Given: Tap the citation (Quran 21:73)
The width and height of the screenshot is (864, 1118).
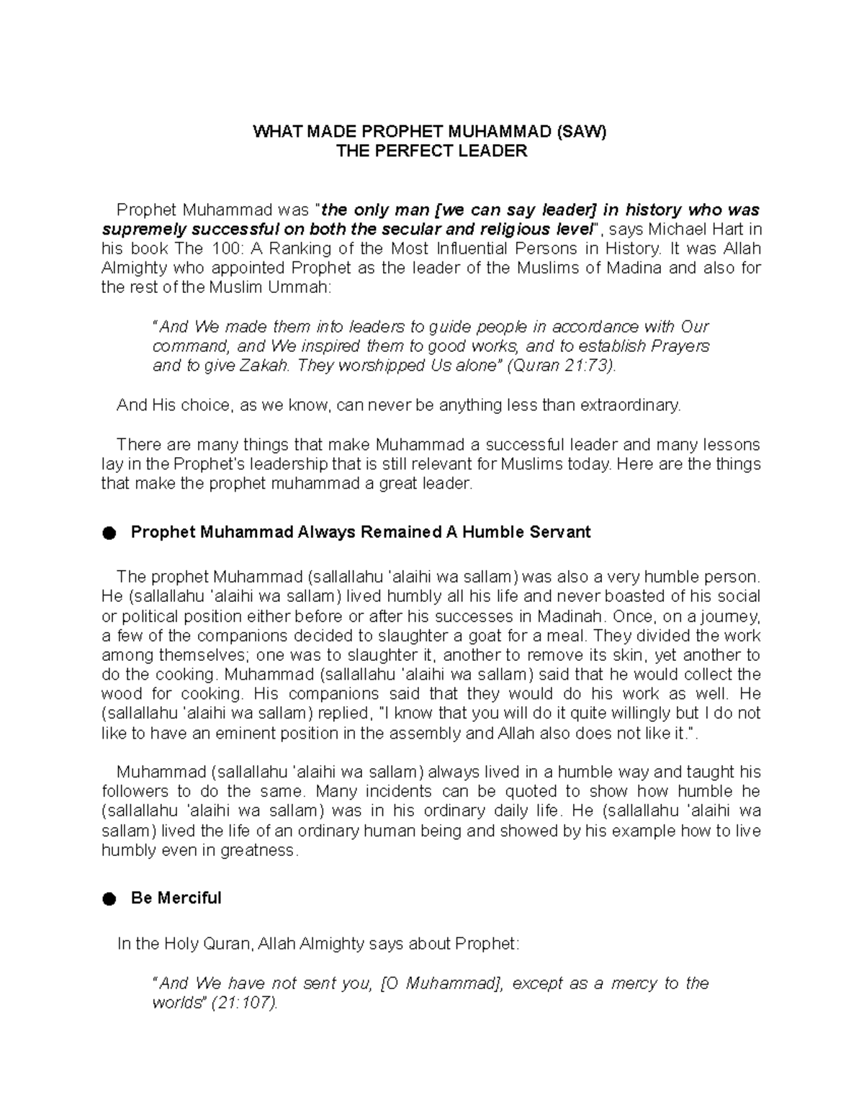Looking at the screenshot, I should click(562, 366).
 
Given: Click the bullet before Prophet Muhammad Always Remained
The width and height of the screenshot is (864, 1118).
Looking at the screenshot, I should click(109, 533).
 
